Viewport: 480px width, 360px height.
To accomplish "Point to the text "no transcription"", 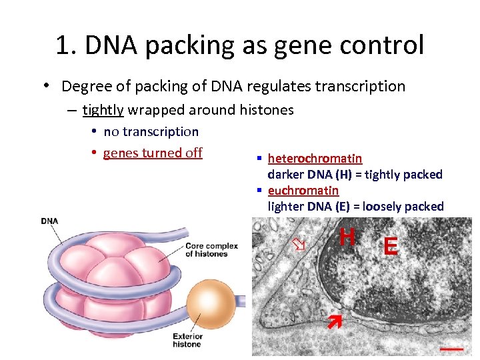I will [x=151, y=131].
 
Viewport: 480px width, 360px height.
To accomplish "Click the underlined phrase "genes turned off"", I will [x=153, y=153].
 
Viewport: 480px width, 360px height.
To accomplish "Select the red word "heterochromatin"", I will [x=315, y=158].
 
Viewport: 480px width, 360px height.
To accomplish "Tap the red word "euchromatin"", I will [x=303, y=190].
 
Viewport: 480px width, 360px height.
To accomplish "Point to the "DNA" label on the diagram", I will [x=49, y=221].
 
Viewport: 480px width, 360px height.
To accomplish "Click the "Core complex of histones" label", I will [x=211, y=250].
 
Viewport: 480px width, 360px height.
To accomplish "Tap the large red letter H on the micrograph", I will [x=347, y=237].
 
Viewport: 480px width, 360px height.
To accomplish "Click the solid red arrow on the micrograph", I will [x=333, y=322].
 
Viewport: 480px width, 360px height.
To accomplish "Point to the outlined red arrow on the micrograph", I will [x=299, y=245].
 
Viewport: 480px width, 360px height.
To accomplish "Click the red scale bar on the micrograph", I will [x=452, y=347].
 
